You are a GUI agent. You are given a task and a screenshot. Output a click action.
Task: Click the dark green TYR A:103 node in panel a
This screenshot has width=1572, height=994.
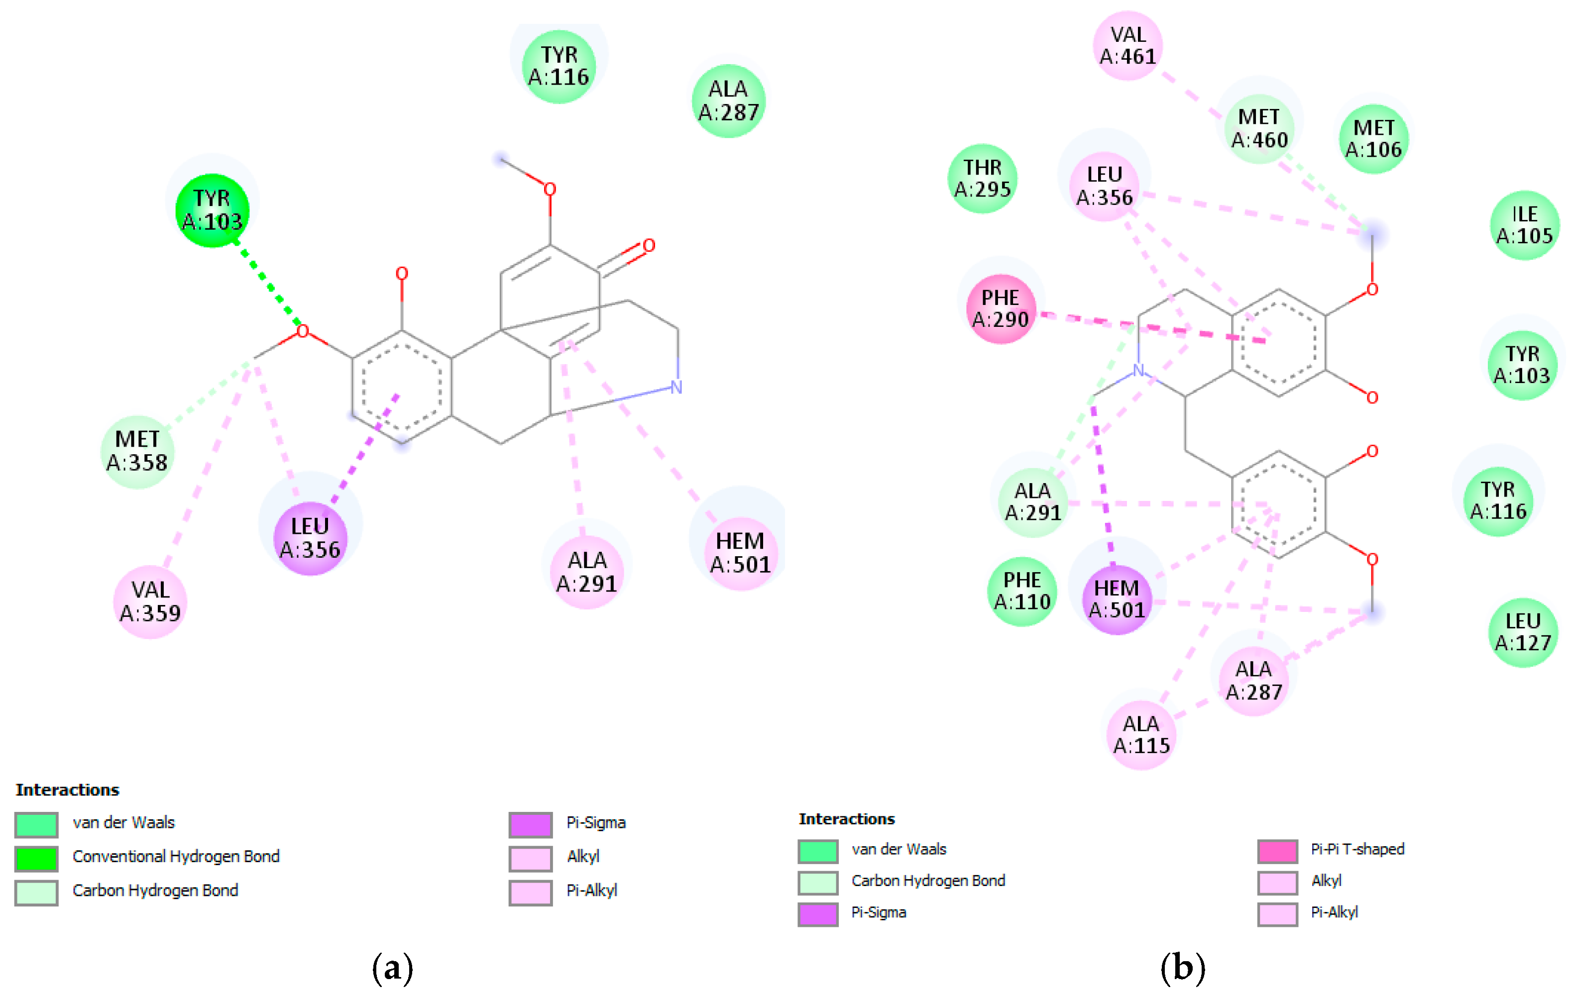point(212,210)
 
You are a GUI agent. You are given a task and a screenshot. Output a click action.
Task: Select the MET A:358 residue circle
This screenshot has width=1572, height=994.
point(137,451)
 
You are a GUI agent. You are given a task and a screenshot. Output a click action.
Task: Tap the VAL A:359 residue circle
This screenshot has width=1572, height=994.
point(150,601)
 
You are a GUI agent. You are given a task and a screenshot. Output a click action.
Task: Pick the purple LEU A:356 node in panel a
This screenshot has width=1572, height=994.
point(310,538)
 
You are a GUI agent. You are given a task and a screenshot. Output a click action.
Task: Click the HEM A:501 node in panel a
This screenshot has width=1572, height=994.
point(740,553)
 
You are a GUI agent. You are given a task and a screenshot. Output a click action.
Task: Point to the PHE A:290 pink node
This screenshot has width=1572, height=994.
point(1000,309)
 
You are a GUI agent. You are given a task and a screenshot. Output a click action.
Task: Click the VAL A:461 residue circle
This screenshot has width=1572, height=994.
point(1127,46)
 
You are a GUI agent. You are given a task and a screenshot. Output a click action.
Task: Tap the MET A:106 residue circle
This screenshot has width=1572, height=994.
point(1373,138)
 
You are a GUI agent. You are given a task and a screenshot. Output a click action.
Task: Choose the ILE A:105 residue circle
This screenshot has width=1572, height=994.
point(1524,225)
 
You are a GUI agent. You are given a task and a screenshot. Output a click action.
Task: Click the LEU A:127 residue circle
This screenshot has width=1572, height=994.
point(1523,632)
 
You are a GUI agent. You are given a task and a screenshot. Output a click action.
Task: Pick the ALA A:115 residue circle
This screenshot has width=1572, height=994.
point(1141,734)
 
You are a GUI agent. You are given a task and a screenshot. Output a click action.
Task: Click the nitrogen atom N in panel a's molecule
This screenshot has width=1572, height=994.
point(676,387)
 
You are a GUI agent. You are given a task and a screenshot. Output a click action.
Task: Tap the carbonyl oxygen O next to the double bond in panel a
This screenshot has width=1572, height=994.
point(648,245)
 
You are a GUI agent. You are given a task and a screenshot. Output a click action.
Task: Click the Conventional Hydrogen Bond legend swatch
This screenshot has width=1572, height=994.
point(36,858)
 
